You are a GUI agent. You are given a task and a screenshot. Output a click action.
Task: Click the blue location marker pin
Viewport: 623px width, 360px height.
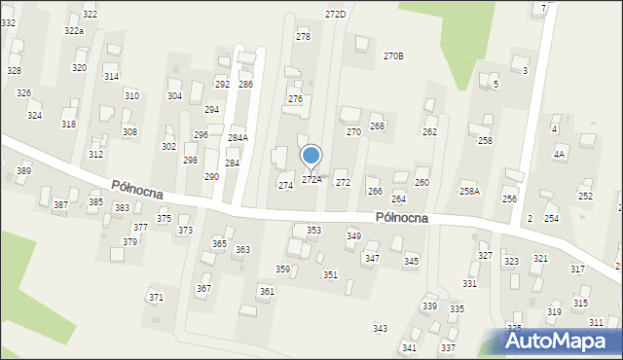click(311, 157)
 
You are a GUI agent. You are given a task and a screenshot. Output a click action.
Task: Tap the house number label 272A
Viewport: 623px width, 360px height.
click(311, 179)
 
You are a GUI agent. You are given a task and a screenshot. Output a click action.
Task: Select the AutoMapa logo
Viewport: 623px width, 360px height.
click(561, 341)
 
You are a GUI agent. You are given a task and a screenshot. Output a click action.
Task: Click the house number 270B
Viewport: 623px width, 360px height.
click(393, 55)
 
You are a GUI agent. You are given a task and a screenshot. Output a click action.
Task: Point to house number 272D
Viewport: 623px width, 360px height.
click(335, 14)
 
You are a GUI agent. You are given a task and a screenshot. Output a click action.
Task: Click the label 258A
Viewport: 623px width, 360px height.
click(470, 191)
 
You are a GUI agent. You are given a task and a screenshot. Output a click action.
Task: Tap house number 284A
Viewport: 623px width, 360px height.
click(238, 137)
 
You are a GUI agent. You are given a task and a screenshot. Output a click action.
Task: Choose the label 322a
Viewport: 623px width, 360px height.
click(74, 31)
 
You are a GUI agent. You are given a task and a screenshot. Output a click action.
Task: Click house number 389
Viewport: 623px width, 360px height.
click(23, 171)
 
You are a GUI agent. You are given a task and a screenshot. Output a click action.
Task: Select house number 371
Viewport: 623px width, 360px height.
click(155, 297)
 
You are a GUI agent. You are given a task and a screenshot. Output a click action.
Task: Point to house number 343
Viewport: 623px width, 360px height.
click(381, 329)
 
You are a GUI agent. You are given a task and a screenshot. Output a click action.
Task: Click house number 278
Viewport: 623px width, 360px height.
click(303, 36)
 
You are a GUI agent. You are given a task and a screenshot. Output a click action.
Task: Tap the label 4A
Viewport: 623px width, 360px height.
click(559, 154)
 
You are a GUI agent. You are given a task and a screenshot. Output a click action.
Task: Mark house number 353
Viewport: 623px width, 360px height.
click(313, 231)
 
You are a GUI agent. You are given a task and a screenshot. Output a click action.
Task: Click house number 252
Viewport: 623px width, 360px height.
click(585, 196)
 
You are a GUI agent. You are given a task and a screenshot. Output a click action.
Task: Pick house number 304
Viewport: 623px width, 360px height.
click(174, 95)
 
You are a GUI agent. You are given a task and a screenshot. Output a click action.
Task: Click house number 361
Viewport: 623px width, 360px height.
click(267, 292)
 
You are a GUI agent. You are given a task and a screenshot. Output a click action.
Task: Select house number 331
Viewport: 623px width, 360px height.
click(469, 283)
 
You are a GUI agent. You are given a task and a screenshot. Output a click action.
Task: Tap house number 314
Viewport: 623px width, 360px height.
click(111, 76)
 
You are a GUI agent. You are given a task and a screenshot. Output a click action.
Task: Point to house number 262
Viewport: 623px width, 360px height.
click(429, 131)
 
